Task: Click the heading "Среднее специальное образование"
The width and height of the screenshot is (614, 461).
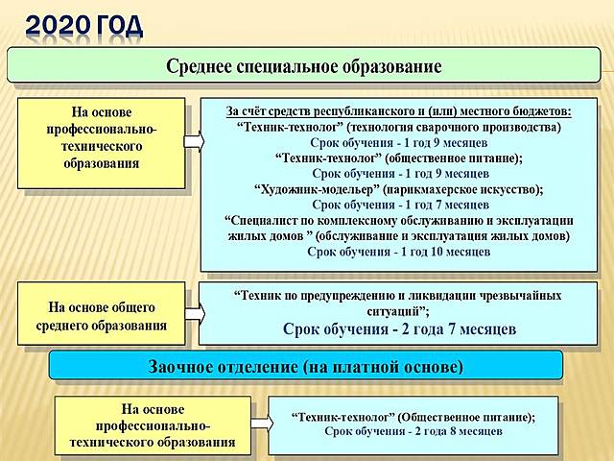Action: (304, 66)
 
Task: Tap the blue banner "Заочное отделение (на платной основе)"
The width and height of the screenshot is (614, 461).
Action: (306, 366)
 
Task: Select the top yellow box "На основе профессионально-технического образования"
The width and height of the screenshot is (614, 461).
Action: (101, 142)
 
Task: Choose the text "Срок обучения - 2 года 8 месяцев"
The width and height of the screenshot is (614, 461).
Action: (413, 433)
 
